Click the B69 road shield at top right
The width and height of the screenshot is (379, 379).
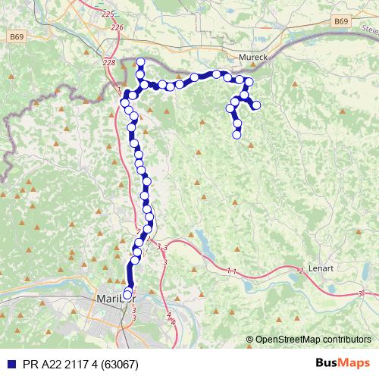[340, 22]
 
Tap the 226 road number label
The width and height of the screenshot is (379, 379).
[116, 27]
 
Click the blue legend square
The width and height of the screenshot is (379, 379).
[8, 365]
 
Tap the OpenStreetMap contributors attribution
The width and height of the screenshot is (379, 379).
[312, 339]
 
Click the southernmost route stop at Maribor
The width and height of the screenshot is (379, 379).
[127, 295]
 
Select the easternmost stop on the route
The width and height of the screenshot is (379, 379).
[256, 105]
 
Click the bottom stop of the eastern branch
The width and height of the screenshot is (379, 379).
[236, 136]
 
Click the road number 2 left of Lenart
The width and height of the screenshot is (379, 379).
[301, 271]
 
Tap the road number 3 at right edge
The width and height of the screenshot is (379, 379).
[361, 293]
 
